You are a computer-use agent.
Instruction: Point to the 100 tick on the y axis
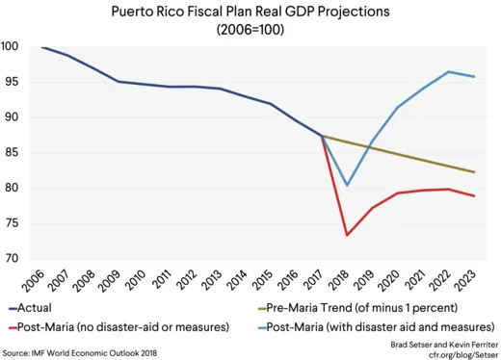13,47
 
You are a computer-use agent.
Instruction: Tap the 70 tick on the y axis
13,259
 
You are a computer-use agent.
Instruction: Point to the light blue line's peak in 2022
449,72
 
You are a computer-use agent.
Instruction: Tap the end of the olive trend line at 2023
474,172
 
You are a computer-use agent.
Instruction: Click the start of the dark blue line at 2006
41,47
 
